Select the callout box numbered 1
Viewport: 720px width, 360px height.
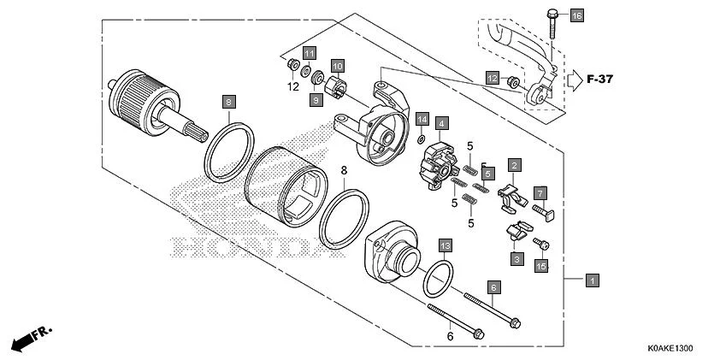click(x=592, y=280)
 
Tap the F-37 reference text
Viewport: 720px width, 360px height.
click(x=601, y=80)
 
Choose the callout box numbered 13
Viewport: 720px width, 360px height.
click(x=445, y=245)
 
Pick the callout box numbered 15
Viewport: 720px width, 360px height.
click(x=540, y=267)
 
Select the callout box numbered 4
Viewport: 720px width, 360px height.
click(x=441, y=124)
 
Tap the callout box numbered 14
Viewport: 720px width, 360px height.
click(x=422, y=118)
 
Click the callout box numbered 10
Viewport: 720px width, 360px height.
click(x=337, y=66)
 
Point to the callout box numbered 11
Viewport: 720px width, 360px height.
click(x=309, y=52)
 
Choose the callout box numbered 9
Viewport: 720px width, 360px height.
click(x=315, y=100)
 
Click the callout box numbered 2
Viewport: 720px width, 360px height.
click(x=515, y=164)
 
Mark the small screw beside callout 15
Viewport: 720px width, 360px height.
click(x=541, y=246)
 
